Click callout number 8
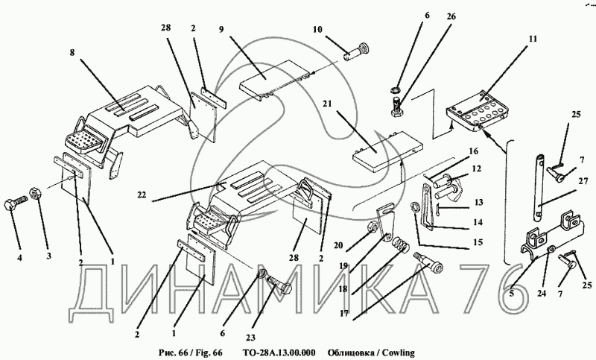tap(72, 52)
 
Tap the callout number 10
tap(317, 29)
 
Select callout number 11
tap(533, 39)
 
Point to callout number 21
tap(328, 104)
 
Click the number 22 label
tap(142, 195)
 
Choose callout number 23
tap(250, 337)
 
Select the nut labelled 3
tap(35, 194)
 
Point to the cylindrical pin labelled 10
tap(358, 53)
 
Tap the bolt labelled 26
tap(396, 107)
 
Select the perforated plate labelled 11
tap(476, 112)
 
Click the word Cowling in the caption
tap(399, 353)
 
